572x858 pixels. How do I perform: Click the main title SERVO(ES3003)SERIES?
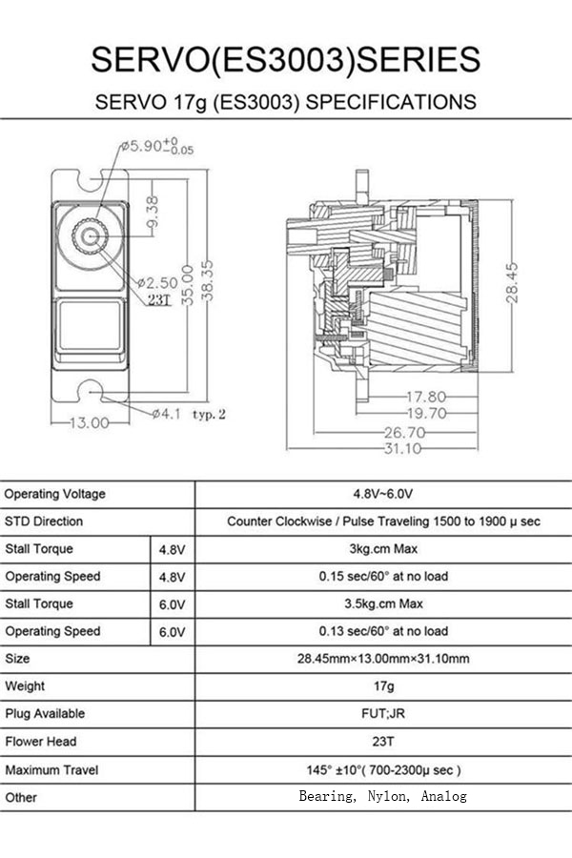click(285, 59)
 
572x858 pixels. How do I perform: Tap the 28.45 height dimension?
click(512, 283)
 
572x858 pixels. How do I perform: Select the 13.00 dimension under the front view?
click(87, 423)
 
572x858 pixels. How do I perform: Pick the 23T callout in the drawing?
click(158, 299)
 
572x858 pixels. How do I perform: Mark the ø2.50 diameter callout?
click(157, 283)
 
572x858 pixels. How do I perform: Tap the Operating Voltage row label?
click(55, 494)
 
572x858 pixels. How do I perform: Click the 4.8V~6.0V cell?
click(383, 494)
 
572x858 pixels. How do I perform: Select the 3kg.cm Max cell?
click(383, 549)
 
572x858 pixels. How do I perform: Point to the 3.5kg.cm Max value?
click(383, 603)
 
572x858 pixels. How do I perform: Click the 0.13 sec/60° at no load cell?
click(383, 631)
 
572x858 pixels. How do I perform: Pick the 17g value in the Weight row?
click(383, 685)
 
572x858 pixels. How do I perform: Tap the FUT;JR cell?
click(383, 713)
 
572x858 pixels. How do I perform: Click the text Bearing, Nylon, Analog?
click(383, 796)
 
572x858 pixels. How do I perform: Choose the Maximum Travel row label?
click(51, 768)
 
